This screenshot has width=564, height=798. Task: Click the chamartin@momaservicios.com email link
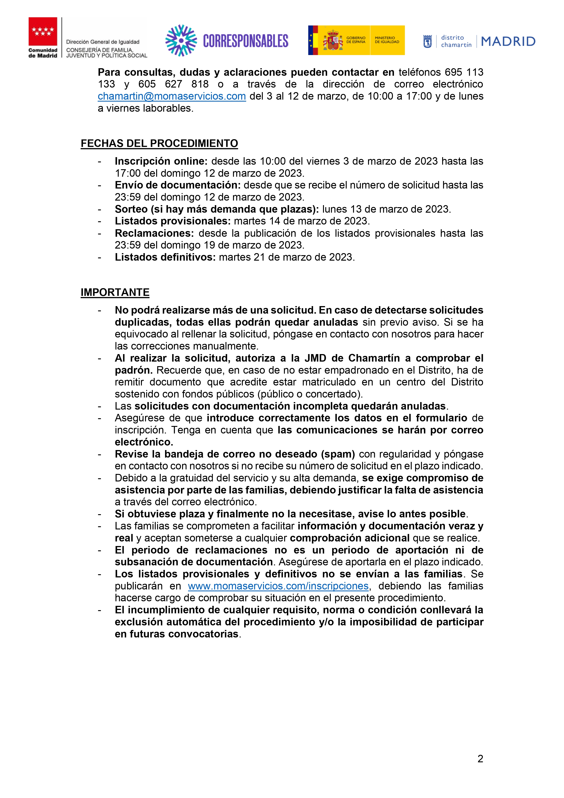(172, 96)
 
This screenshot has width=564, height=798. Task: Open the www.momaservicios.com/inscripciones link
(278, 586)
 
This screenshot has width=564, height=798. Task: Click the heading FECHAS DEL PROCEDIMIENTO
(159, 143)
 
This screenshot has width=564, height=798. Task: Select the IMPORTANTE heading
(115, 292)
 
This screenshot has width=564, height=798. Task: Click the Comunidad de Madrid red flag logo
(43, 32)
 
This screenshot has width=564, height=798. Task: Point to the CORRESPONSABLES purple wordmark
(246, 41)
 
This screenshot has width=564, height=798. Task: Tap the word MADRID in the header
(508, 41)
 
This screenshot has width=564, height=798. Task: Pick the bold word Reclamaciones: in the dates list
(154, 233)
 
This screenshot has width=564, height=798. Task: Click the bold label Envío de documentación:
(178, 185)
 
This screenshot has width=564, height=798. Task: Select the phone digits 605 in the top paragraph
(147, 84)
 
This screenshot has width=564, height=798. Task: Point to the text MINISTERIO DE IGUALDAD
(387, 40)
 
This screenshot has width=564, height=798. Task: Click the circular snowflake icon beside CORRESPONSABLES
(181, 40)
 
